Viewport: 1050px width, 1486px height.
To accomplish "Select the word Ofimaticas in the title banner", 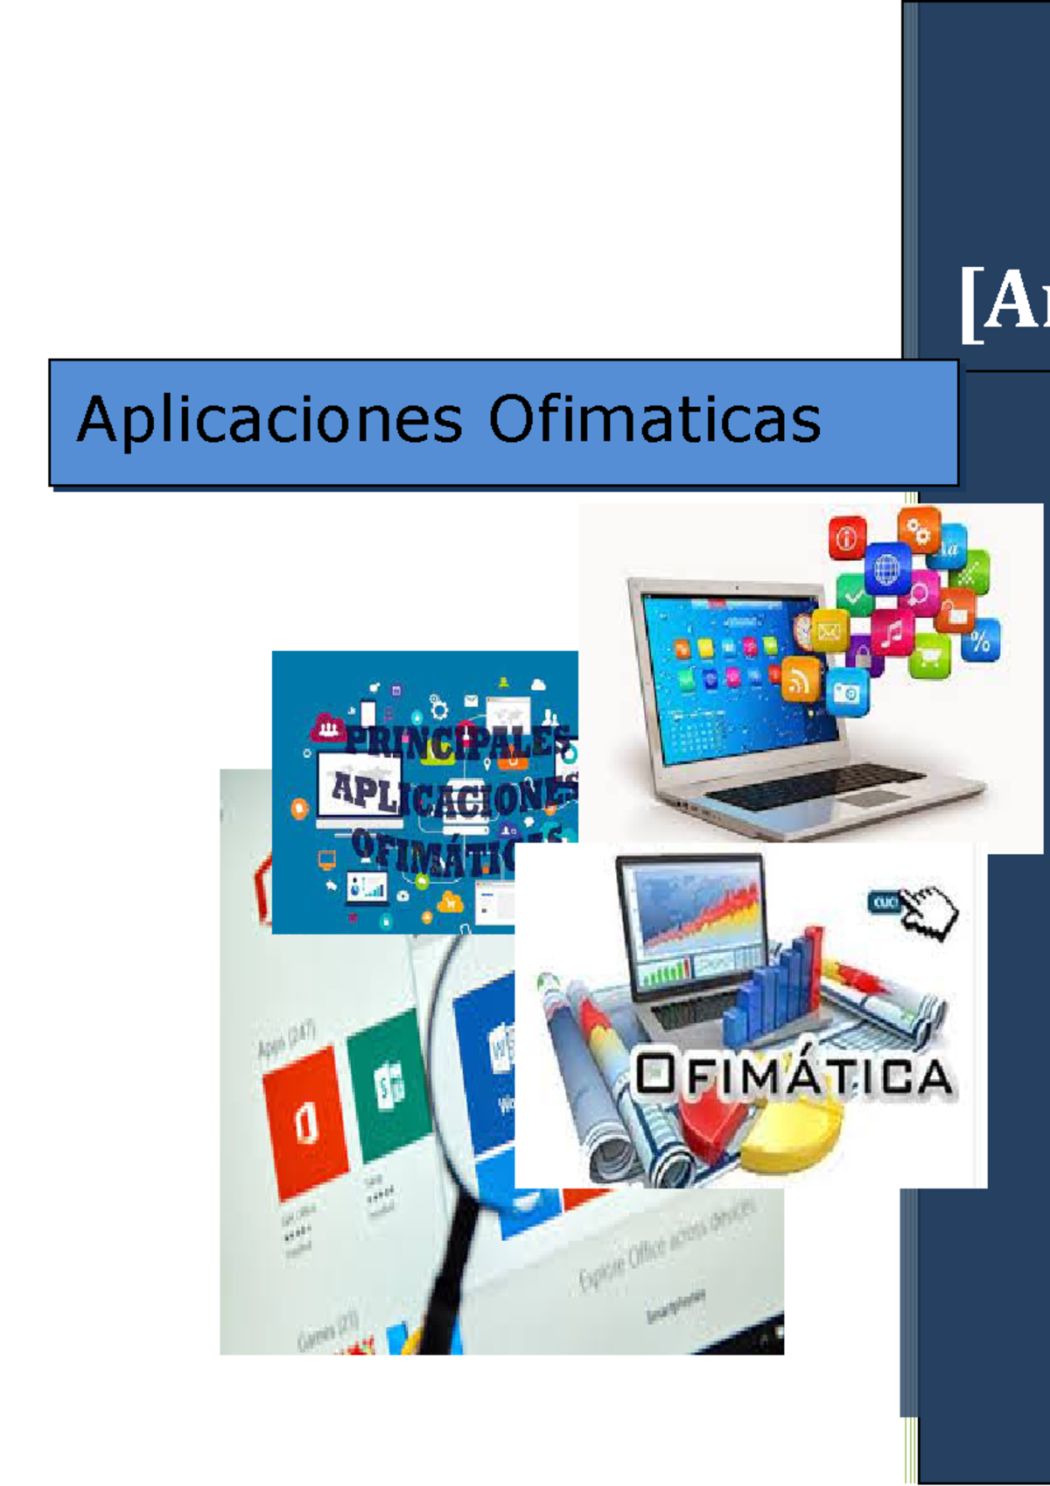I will pyautogui.click(x=654, y=419).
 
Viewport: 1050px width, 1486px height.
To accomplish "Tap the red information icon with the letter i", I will pyautogui.click(x=847, y=537).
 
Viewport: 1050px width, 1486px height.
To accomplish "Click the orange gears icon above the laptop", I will pyautogui.click(x=918, y=530).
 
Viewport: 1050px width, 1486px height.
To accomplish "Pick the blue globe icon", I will pyautogui.click(x=886, y=570).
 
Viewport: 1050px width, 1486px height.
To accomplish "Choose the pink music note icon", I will pyautogui.click(x=892, y=632).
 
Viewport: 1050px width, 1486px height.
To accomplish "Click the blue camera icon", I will pyautogui.click(x=846, y=693).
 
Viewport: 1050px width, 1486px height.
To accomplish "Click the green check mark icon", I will pyautogui.click(x=853, y=598).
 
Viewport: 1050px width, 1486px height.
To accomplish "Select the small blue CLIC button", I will pyautogui.click(x=885, y=902).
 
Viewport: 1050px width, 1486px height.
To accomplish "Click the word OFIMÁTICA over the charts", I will pyautogui.click(x=793, y=1076).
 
